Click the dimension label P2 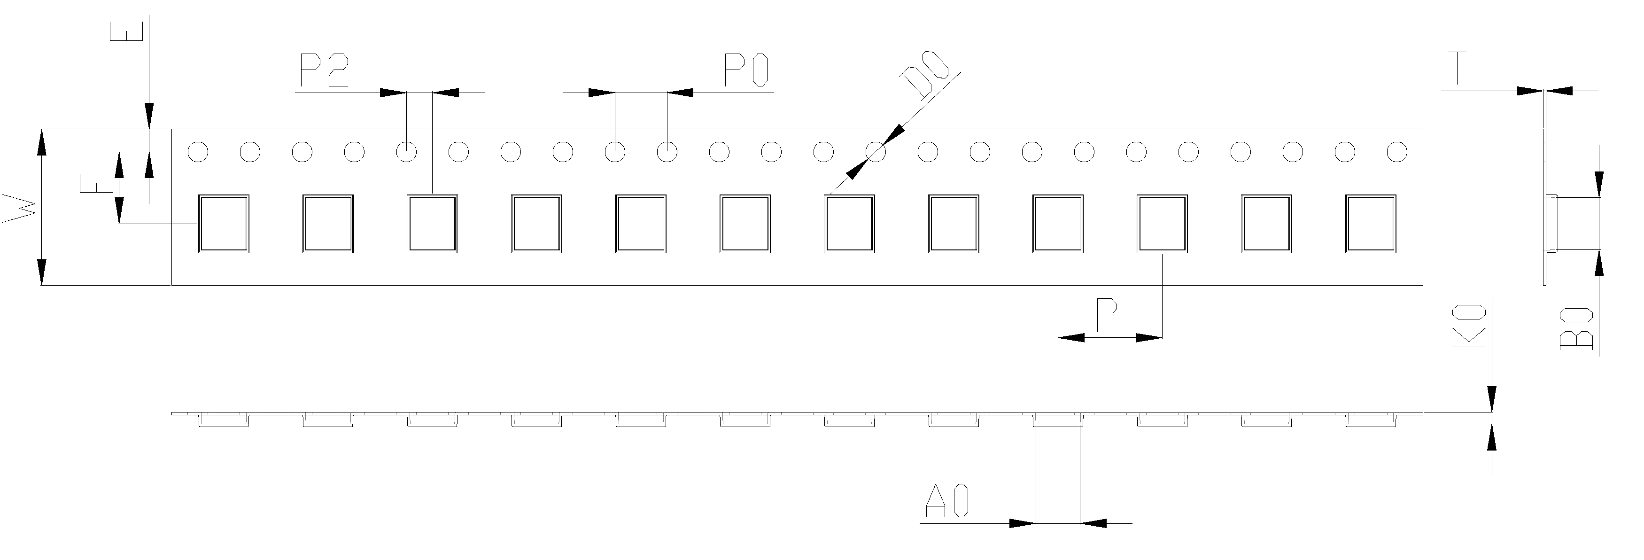(x=324, y=70)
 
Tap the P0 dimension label (x=746, y=70)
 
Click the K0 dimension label (x=1469, y=327)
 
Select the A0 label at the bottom (x=947, y=501)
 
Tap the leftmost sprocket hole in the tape (x=198, y=152)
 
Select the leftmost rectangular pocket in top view (x=224, y=224)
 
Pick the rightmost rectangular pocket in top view (x=1370, y=224)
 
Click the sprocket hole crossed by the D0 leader (x=876, y=152)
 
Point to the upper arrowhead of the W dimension (x=41, y=142)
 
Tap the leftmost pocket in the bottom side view (x=224, y=420)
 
